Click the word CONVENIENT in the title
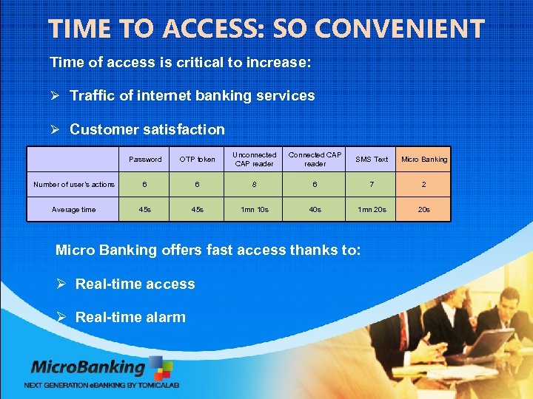tap(399, 30)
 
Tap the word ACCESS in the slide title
tap(208, 30)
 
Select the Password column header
tap(145, 160)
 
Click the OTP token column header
tap(198, 160)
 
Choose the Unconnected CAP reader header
tap(255, 160)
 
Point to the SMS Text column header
tap(372, 160)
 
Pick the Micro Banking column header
tap(424, 160)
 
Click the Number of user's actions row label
tap(74, 185)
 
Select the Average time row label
tap(74, 210)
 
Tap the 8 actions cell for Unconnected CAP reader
tap(255, 185)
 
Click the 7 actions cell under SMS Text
tap(372, 185)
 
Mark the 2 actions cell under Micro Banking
tap(424, 185)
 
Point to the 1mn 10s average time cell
tap(255, 210)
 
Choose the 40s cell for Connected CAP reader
tap(315, 210)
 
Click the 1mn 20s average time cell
tap(372, 210)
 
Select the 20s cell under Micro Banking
tap(424, 210)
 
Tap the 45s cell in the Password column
tap(145, 210)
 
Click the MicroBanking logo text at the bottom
tap(88, 367)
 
